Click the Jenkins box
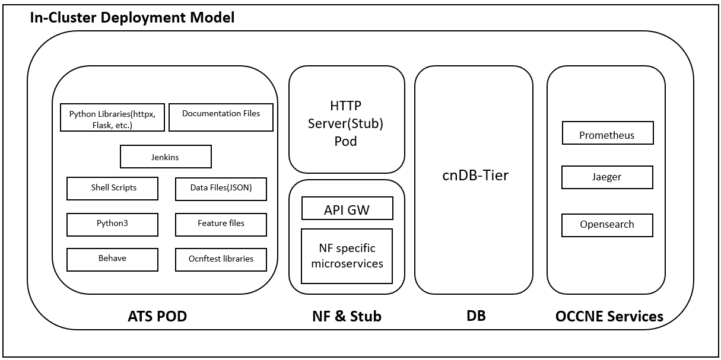coord(166,157)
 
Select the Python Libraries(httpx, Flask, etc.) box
coord(112,117)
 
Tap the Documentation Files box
coord(221,117)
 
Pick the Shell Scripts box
coord(113,189)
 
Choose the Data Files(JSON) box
coord(221,189)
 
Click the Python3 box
coord(113,224)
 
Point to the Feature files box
coord(221,224)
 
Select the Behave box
coord(113,259)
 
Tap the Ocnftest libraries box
coord(221,259)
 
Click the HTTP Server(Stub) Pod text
coord(346,123)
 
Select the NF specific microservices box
coord(347,256)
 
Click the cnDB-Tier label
coord(475,176)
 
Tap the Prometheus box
coord(607,134)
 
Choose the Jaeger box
coord(607,177)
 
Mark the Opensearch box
coord(607,225)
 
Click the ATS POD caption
coord(157,316)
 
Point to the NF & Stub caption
coord(347,316)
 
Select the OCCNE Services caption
coord(609,316)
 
